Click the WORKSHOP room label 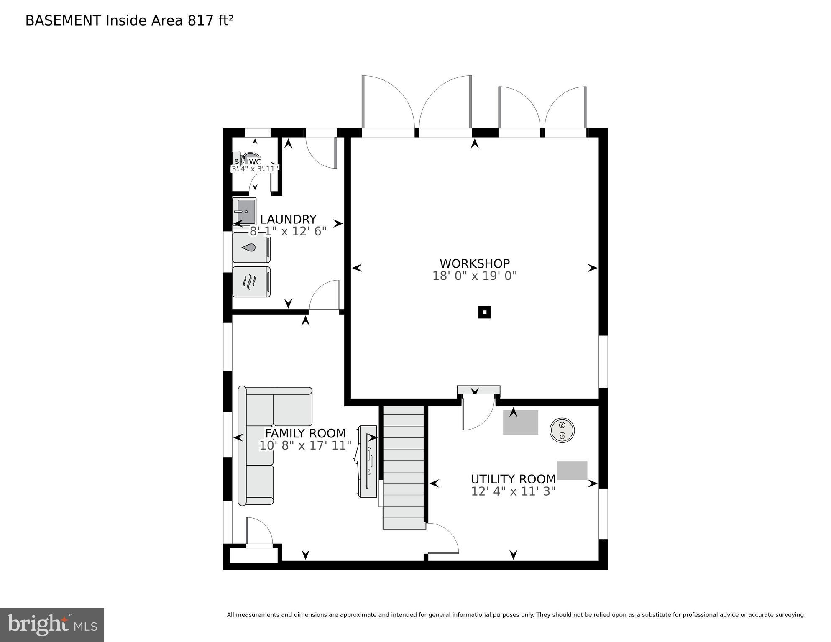[x=474, y=263]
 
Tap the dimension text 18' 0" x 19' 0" [x=474, y=276]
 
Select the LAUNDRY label [x=288, y=219]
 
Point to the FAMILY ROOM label [x=305, y=433]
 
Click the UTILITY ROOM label [x=513, y=479]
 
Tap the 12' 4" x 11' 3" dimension [x=513, y=491]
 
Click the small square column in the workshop [x=484, y=312]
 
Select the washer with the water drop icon [x=251, y=247]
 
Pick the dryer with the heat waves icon [x=251, y=281]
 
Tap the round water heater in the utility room [x=562, y=430]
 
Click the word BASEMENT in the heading [x=63, y=20]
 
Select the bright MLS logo [x=52, y=624]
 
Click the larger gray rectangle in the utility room [x=520, y=422]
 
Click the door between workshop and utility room [x=478, y=414]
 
